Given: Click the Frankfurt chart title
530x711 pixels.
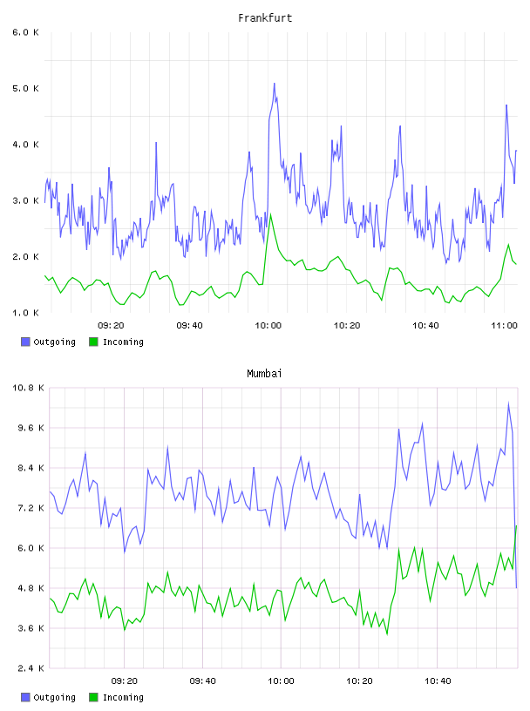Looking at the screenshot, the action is tap(265, 18).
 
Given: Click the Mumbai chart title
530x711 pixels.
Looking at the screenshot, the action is tap(264, 374).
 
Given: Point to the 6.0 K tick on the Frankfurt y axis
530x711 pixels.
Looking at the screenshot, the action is tap(25, 32).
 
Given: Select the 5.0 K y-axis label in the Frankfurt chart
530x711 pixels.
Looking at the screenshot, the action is tap(25, 88).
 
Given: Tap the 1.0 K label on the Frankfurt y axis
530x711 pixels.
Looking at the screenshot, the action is tap(25, 313).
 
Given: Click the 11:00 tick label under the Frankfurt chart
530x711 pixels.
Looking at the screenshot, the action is tap(504, 326).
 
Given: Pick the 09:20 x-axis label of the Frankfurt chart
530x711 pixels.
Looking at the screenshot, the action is tap(111, 326).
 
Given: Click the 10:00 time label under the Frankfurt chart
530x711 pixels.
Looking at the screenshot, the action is tap(268, 326).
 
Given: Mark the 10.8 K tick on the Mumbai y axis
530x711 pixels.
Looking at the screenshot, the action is tap(28, 388).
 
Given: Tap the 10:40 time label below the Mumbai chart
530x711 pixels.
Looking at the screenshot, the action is tap(438, 681).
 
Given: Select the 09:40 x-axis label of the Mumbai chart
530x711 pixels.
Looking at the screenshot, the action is tap(203, 681).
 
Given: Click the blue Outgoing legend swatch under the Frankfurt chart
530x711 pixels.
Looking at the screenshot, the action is tap(25, 342).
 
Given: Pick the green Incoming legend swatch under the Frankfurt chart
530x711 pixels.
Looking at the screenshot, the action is tap(93, 342).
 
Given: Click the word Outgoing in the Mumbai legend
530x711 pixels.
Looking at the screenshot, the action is tap(54, 697).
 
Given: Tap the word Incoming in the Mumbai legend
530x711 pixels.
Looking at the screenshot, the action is tap(123, 697).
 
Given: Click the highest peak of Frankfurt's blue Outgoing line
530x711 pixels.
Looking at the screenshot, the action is tap(274, 84).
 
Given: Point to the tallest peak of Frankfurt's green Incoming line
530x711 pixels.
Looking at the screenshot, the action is tap(270, 214).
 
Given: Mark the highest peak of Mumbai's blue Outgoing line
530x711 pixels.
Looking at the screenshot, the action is tap(509, 403).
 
